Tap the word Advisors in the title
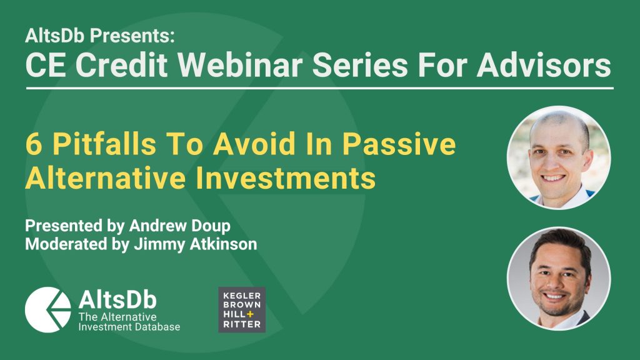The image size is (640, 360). pyautogui.click(x=544, y=65)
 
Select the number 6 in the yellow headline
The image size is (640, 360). pyautogui.click(x=34, y=144)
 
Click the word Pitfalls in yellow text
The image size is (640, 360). pyautogui.click(x=104, y=144)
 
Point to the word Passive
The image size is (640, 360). pyautogui.click(x=399, y=144)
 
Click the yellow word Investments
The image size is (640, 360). pyautogui.click(x=286, y=178)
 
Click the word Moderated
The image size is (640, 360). pyautogui.click(x=66, y=244)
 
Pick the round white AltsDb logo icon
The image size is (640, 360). pyautogui.click(x=47, y=310)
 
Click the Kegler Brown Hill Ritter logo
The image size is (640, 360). pyautogui.click(x=242, y=310)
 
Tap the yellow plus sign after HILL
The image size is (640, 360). pyautogui.click(x=250, y=314)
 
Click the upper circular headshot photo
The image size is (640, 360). pyautogui.click(x=559, y=157)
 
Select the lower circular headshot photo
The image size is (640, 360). pyautogui.click(x=559, y=278)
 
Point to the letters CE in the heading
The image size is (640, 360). pyautogui.click(x=45, y=65)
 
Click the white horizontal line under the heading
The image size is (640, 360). pyautogui.click(x=320, y=88)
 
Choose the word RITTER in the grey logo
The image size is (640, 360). pyautogui.click(x=242, y=324)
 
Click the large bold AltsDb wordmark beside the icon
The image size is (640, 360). pyautogui.click(x=117, y=299)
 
